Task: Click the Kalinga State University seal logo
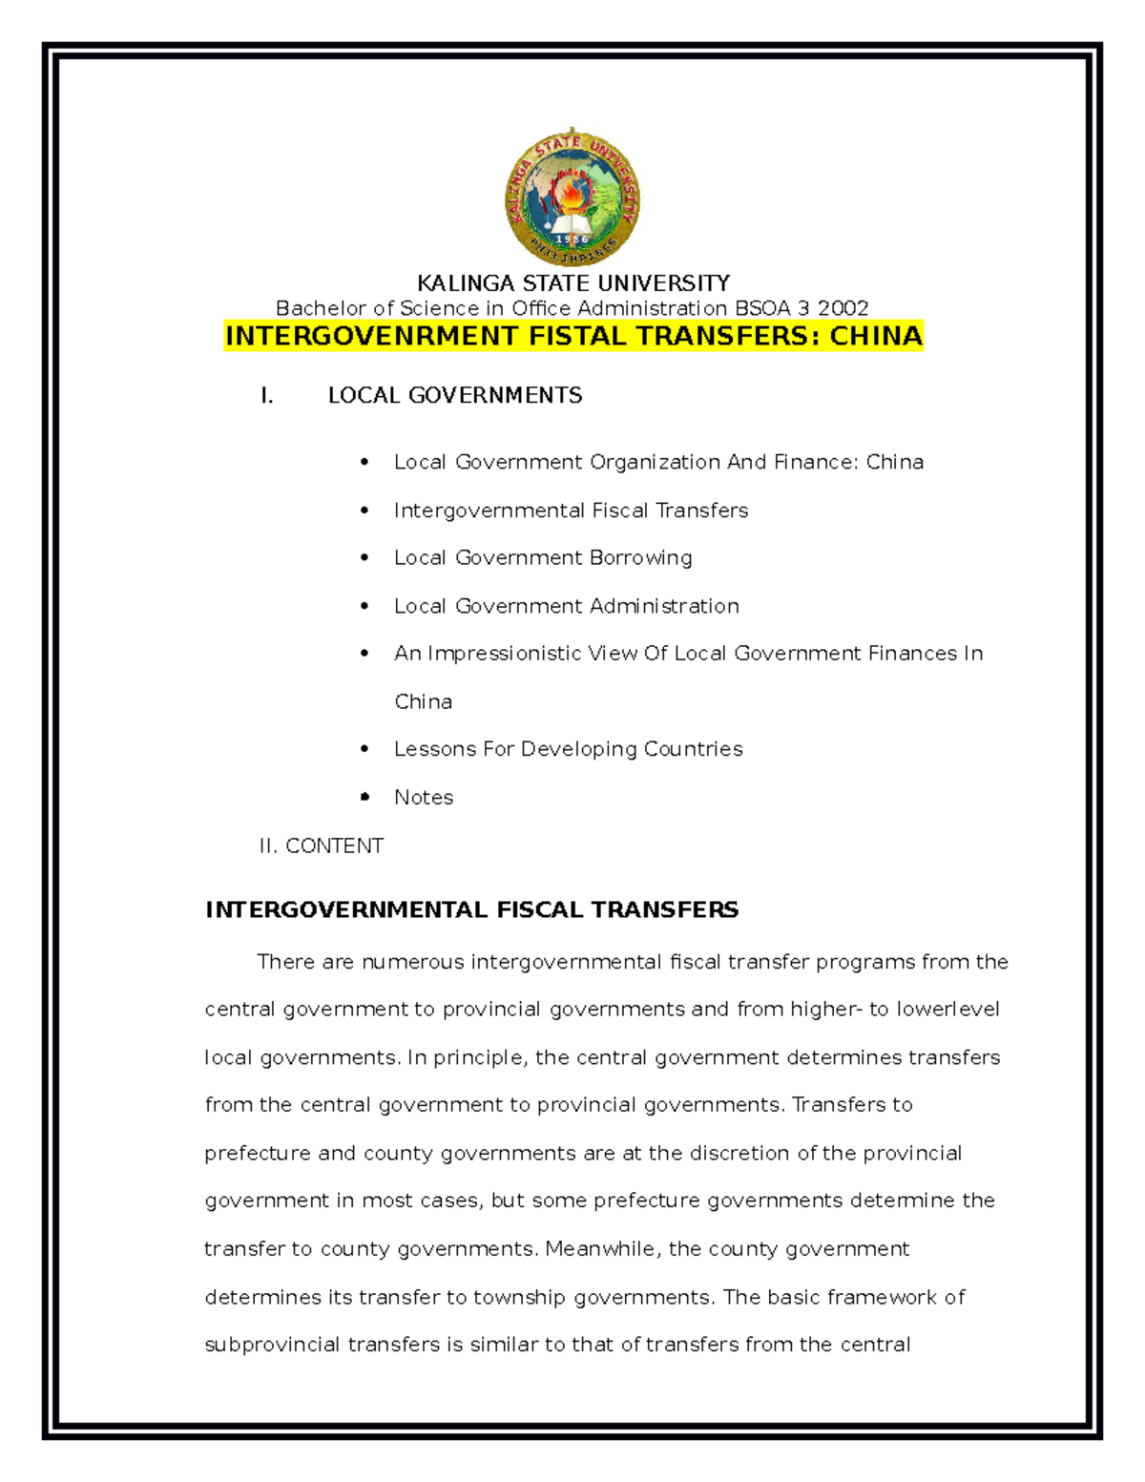tap(572, 198)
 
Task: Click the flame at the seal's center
tap(572, 195)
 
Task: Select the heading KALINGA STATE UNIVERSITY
tap(572, 283)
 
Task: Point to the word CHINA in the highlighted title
tap(875, 336)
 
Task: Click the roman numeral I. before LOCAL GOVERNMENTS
tap(266, 396)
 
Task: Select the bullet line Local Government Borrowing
tap(543, 557)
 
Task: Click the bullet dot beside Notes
tap(364, 797)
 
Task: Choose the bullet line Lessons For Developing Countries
tap(568, 749)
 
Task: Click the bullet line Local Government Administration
tap(566, 606)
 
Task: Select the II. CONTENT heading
tap(321, 845)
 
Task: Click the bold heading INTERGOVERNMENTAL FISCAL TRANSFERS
tap(471, 909)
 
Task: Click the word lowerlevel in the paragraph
tap(947, 1010)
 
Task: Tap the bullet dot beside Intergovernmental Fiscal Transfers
tap(364, 511)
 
